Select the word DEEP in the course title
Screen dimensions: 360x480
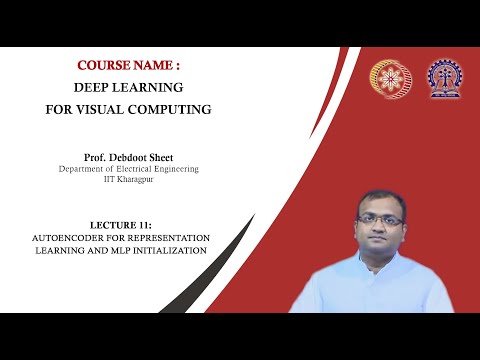(98, 87)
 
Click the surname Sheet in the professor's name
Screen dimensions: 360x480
(180, 157)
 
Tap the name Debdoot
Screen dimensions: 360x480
(141, 157)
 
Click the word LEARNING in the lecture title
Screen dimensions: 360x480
(52, 250)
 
